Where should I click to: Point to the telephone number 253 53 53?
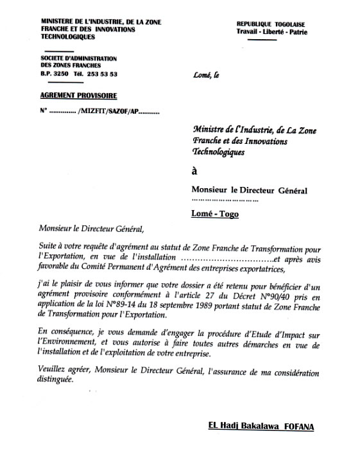101,74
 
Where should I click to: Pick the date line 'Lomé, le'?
205,76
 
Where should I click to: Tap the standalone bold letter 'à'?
195,171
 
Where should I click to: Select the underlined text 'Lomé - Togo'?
215,214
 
